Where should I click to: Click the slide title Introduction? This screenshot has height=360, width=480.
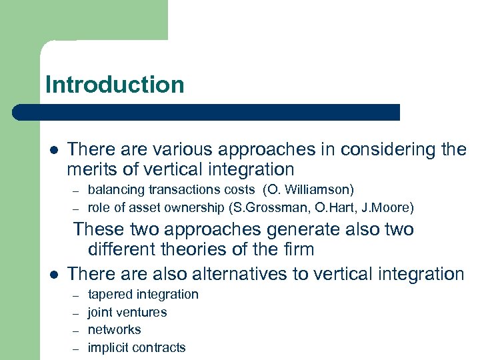[115, 85]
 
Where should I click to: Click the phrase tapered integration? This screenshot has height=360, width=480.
[143, 294]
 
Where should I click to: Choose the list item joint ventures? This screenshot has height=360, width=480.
[127, 312]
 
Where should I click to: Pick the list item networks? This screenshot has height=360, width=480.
[114, 329]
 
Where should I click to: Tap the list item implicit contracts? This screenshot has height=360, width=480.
[137, 347]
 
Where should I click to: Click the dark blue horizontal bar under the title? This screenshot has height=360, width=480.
[207, 112]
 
